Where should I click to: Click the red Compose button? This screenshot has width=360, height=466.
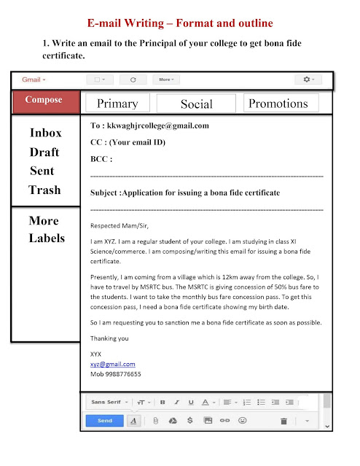click(44, 100)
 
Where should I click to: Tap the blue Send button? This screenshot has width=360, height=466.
click(104, 420)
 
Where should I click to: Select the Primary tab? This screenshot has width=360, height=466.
click(117, 104)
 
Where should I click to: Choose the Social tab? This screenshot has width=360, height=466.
click(196, 104)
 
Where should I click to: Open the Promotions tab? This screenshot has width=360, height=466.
click(278, 104)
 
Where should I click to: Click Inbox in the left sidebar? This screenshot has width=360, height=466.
click(45, 133)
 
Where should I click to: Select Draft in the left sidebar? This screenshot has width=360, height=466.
click(44, 152)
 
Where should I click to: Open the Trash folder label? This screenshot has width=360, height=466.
click(44, 190)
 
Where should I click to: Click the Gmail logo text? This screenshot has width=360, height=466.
click(33, 79)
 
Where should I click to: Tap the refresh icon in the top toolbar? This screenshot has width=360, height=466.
click(133, 79)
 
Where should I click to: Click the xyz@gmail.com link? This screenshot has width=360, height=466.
click(112, 364)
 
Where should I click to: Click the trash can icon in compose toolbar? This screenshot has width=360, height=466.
click(283, 421)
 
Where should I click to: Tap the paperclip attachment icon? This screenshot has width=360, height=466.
click(155, 421)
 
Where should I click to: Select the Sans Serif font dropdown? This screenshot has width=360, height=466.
click(109, 402)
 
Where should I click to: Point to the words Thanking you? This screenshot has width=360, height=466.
click(109, 338)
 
